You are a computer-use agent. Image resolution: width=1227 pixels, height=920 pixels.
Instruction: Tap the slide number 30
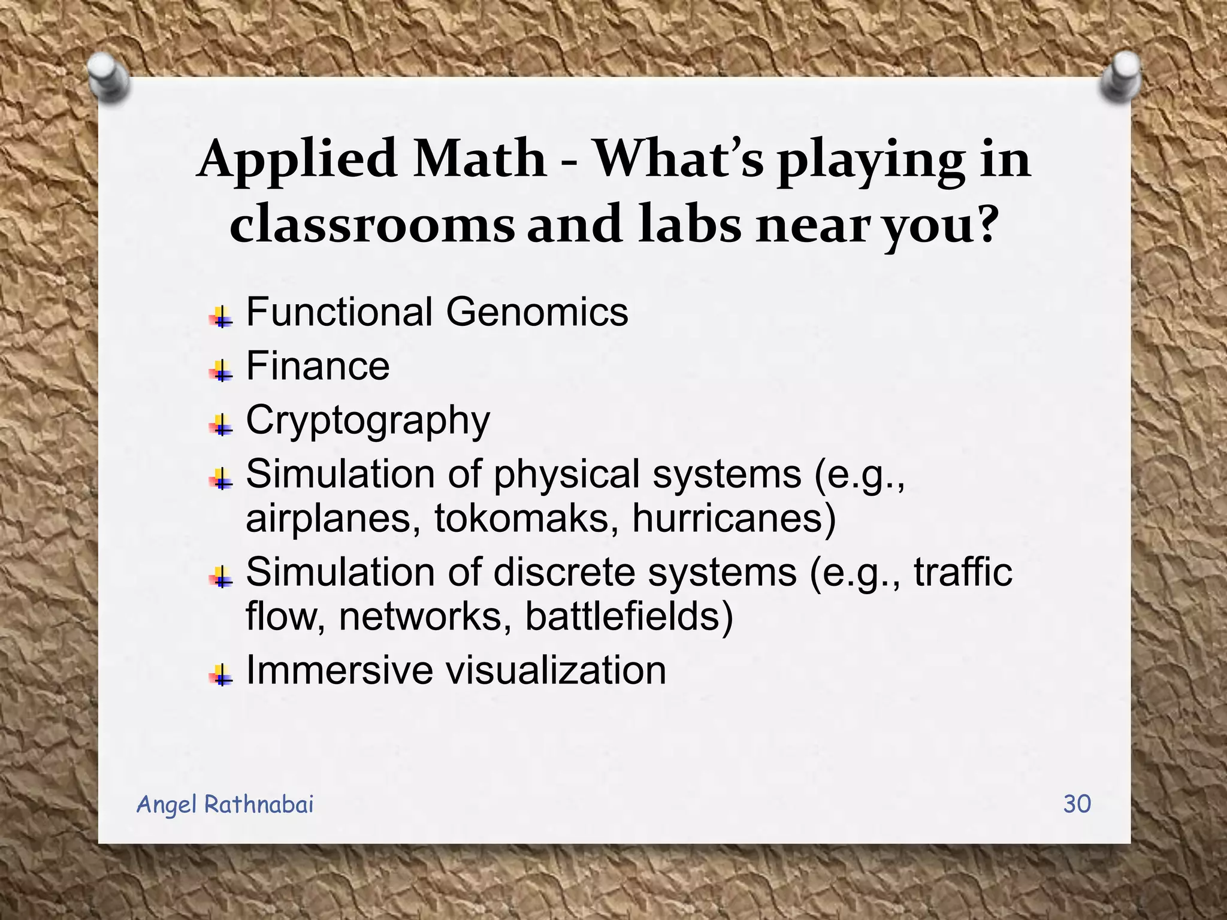[1077, 804]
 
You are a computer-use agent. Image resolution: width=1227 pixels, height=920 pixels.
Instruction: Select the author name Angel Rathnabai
[225, 804]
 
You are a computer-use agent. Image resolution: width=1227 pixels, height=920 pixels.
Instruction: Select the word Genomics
[537, 312]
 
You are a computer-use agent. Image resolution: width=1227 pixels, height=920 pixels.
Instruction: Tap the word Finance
[318, 366]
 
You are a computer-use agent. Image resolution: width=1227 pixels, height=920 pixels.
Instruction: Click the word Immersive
[339, 670]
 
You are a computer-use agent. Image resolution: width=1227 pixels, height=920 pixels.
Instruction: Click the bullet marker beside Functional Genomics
[220, 317]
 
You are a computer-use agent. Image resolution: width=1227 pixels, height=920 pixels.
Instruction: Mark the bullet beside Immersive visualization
[220, 675]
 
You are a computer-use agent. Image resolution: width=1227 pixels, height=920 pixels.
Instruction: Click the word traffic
[963, 572]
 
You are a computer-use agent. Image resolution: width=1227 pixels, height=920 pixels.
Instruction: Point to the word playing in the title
[871, 161]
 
